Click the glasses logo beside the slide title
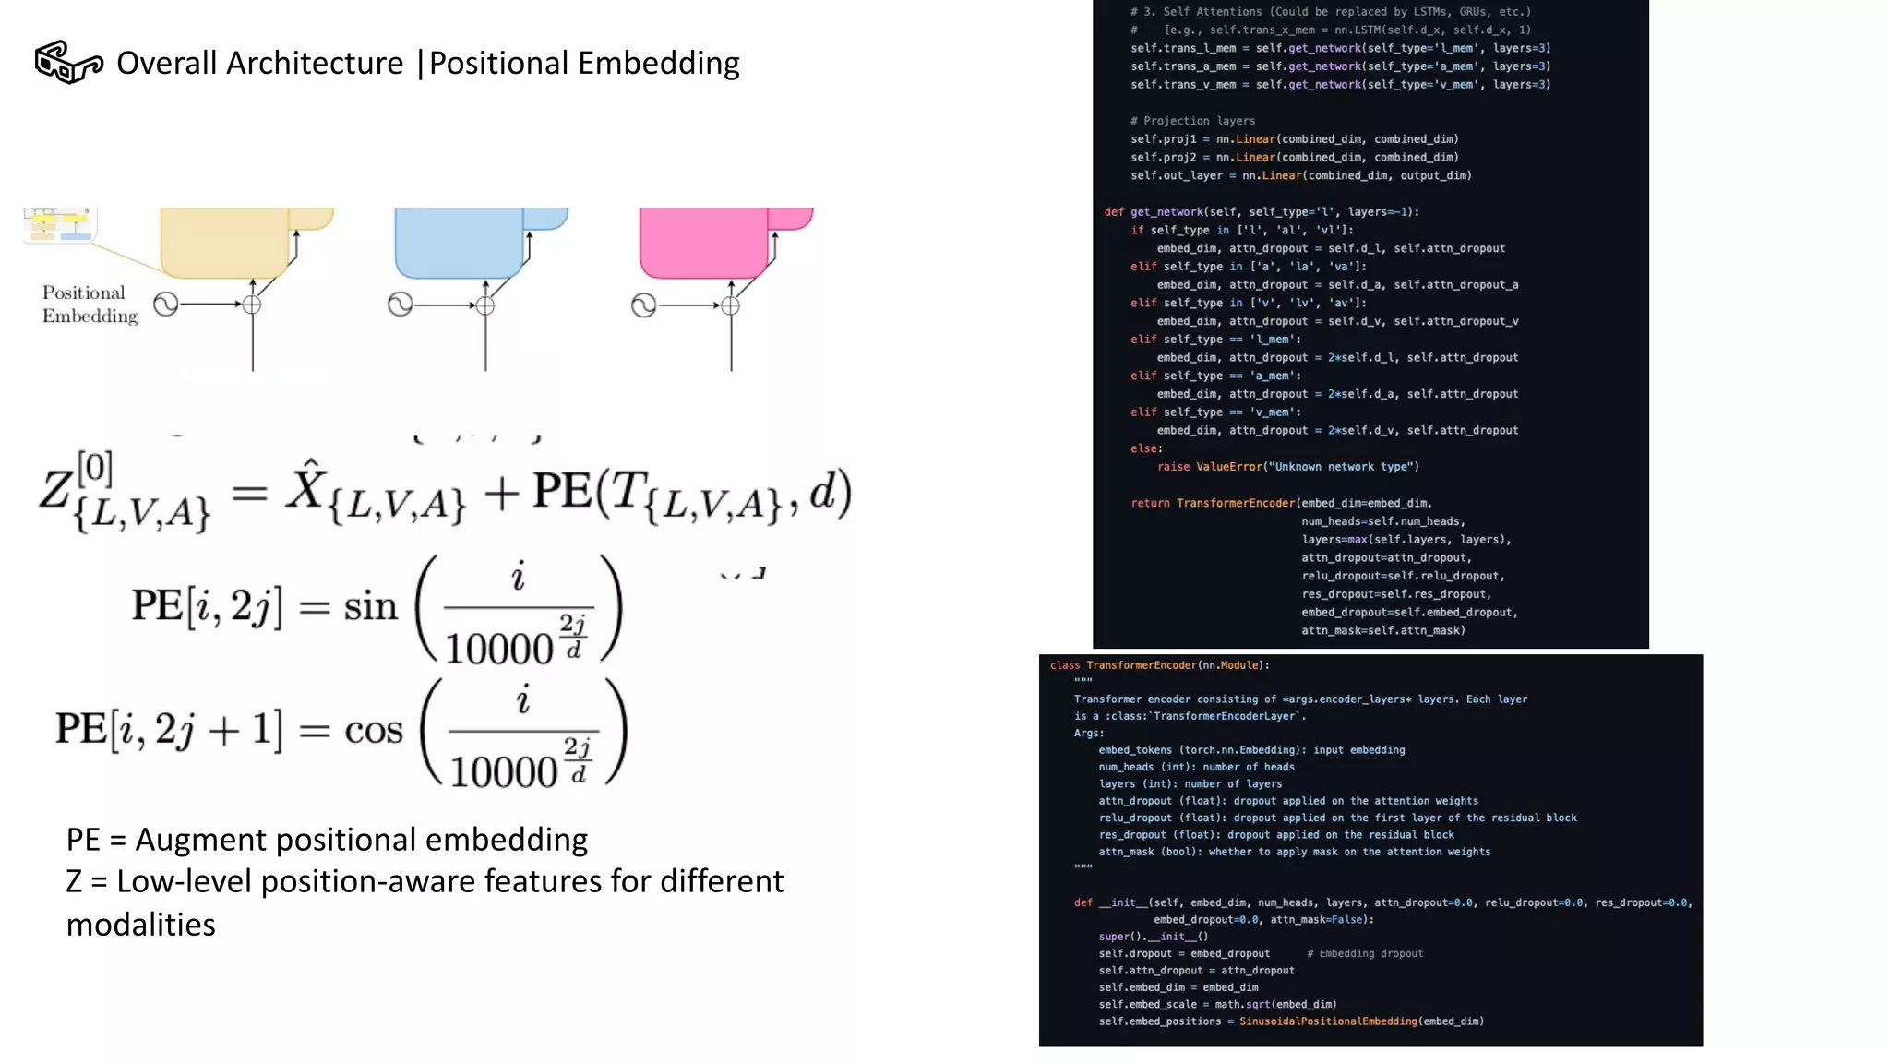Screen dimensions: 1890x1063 [x=68, y=63]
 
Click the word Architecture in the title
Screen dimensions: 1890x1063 [x=315, y=64]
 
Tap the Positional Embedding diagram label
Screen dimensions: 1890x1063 [x=89, y=305]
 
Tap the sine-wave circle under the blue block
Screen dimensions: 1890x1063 [x=400, y=305]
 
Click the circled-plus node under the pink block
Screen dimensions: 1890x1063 [x=730, y=305]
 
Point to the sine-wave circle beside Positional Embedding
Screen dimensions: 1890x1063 [x=166, y=305]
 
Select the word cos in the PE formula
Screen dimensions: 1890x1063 [x=374, y=731]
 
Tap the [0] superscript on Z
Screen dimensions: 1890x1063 [x=95, y=468]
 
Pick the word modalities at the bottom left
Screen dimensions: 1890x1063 [x=140, y=925]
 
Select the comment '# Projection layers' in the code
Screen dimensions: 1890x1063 [x=1192, y=121]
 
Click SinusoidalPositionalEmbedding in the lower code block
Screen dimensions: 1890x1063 [x=1328, y=1021]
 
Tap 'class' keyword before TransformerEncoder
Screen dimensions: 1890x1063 [x=1064, y=665]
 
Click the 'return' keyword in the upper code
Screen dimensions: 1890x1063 [x=1150, y=503]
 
